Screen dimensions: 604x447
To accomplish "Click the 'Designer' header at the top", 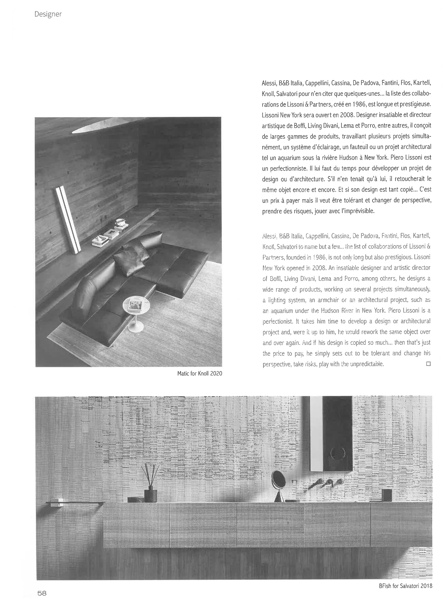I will pyautogui.click(x=48, y=14).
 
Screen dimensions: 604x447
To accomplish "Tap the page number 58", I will pyautogui.click(x=42, y=593).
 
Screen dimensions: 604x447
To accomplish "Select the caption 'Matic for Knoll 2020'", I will pyautogui.click(x=200, y=373).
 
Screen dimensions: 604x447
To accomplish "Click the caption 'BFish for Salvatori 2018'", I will pyautogui.click(x=406, y=584).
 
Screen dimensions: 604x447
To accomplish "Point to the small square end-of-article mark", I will pyautogui.click(x=428, y=364).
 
